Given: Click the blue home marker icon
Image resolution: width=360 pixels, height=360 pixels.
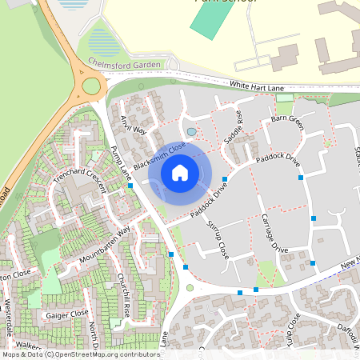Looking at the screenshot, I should (x=180, y=171).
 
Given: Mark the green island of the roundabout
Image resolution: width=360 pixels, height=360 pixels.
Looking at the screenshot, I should (x=91, y=85).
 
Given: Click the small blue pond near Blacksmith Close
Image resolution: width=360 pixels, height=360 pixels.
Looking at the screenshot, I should (x=190, y=131).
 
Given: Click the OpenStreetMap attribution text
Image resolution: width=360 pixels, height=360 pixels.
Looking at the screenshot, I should (x=80, y=354).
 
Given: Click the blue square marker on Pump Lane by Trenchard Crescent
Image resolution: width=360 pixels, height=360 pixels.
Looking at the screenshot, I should (x=130, y=186).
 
